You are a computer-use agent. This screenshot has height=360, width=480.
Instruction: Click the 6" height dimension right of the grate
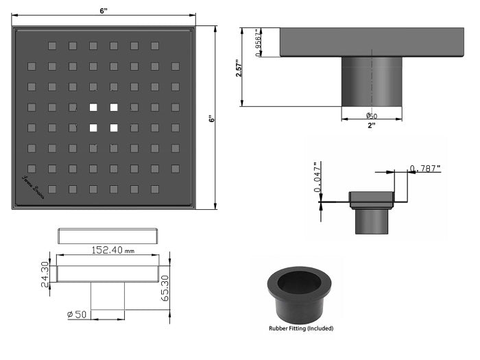(x=212, y=118)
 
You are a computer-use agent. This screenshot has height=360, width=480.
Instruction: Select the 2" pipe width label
(x=371, y=125)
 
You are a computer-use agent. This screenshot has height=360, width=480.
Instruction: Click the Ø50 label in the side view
(x=371, y=116)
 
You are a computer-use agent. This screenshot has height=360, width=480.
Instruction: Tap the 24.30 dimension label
(x=46, y=274)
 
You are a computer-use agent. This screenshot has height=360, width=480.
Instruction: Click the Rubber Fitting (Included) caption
(x=300, y=328)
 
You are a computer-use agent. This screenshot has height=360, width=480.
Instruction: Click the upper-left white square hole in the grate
(x=93, y=107)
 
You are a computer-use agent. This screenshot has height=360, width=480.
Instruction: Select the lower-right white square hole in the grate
(x=113, y=128)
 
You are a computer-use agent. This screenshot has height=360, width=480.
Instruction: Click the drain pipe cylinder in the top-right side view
(x=372, y=82)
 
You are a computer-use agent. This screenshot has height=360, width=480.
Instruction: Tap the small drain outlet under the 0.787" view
(x=371, y=220)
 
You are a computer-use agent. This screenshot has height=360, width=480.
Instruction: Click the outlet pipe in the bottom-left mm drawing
(x=108, y=295)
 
